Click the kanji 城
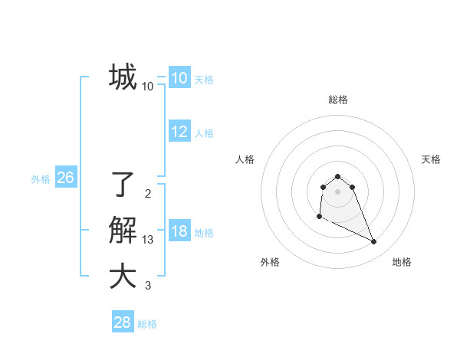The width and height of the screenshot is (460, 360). click(x=123, y=77)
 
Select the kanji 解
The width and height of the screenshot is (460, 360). click(x=123, y=231)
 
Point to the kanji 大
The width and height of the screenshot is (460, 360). click(x=123, y=277)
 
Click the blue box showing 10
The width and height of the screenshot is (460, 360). click(x=179, y=78)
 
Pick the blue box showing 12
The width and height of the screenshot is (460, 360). click(x=179, y=132)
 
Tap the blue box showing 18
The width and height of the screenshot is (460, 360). click(x=179, y=231)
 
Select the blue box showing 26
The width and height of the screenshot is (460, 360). click(x=65, y=178)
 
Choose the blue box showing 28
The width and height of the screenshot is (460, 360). click(x=123, y=322)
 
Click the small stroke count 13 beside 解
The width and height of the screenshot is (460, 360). click(x=148, y=241)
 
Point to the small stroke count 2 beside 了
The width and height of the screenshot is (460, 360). click(x=148, y=194)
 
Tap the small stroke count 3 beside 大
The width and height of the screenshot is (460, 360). click(x=148, y=286)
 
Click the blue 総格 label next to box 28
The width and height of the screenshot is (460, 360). click(x=147, y=324)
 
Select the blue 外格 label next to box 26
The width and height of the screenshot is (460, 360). click(x=41, y=179)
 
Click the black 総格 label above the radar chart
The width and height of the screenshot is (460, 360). click(x=338, y=100)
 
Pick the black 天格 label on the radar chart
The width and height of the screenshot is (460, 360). click(x=431, y=159)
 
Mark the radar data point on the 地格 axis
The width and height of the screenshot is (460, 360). click(x=374, y=242)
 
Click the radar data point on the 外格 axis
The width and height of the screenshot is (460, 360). click(x=319, y=217)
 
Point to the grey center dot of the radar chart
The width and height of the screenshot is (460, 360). click(x=337, y=191)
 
